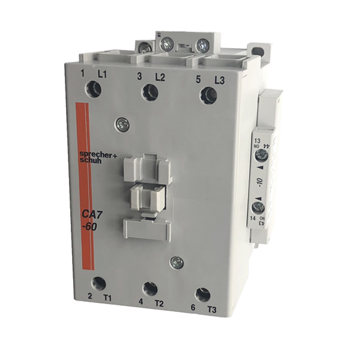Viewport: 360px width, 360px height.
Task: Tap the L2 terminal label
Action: click(160, 77)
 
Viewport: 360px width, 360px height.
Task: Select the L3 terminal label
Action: click(218, 80)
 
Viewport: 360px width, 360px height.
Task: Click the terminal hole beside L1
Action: click(94, 89)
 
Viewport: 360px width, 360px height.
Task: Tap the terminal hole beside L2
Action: click(150, 92)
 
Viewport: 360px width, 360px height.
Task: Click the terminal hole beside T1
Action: click(99, 283)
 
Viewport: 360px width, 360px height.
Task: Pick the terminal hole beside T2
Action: click(150, 289)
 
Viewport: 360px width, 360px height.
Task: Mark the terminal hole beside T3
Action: click(203, 295)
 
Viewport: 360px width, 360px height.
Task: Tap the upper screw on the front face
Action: click(124, 124)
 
